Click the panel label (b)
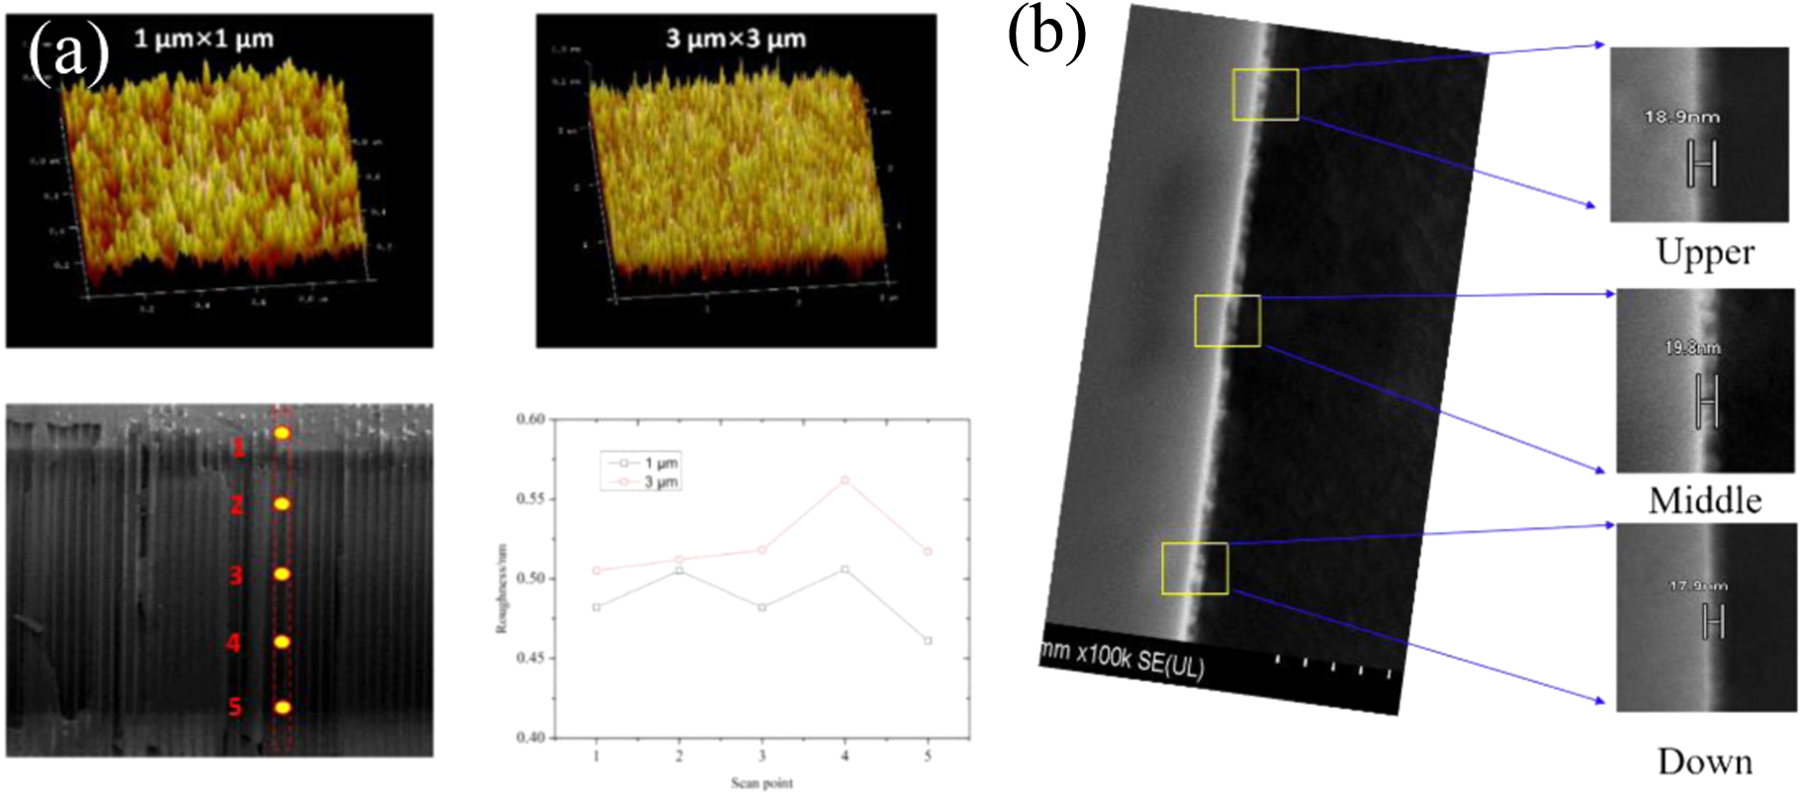point(1046,32)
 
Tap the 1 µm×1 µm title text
point(204,40)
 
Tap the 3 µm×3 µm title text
point(736,40)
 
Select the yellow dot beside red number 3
point(282,574)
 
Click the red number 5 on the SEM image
point(235,707)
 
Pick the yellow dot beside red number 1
point(282,432)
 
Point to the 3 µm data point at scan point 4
point(845,480)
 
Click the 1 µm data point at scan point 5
point(928,641)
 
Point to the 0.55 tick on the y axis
point(531,498)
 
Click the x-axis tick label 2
point(678,755)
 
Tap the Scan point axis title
point(762,783)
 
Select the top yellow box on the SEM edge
point(1265,95)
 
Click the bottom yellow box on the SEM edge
point(1195,569)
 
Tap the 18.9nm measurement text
point(1681,117)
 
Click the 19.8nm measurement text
point(1692,347)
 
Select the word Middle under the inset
point(1705,500)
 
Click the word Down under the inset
point(1705,761)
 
